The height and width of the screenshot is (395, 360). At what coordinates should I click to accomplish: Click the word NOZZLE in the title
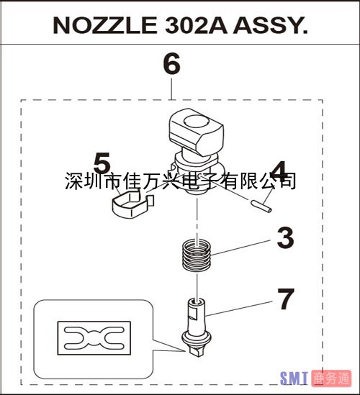[105, 25]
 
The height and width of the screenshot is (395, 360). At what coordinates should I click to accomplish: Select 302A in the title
[196, 25]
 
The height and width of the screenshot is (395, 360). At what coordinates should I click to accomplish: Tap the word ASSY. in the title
[270, 25]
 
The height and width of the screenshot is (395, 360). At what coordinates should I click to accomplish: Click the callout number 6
[171, 64]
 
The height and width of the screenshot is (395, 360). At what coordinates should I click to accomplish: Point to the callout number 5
[102, 163]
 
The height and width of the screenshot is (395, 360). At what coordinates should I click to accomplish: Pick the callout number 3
[285, 238]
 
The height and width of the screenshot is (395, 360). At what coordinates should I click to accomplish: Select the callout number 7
[286, 299]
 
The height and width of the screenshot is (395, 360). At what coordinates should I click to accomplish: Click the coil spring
[197, 255]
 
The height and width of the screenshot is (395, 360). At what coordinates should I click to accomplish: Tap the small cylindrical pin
[261, 206]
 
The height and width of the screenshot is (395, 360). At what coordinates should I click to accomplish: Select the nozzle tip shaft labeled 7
[197, 327]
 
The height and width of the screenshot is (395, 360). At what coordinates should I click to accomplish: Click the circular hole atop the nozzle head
[197, 122]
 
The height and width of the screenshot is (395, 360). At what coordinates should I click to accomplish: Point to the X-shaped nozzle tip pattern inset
[94, 338]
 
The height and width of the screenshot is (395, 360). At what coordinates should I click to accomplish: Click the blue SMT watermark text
[294, 378]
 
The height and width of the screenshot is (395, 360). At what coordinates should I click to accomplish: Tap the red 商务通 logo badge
[331, 378]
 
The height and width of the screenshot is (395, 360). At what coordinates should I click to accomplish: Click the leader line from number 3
[240, 248]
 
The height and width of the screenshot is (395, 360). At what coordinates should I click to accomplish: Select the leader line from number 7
[239, 309]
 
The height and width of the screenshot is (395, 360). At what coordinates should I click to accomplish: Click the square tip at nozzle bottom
[196, 351]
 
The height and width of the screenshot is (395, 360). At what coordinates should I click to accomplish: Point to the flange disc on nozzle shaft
[197, 338]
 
